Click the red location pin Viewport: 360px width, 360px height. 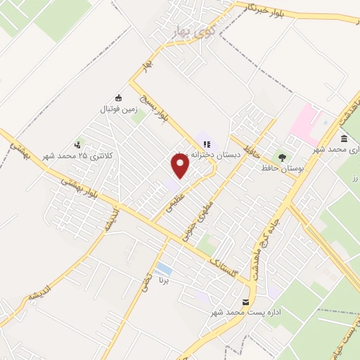point(181,166)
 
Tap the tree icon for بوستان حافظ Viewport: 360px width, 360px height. point(281,157)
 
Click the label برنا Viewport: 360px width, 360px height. point(164,281)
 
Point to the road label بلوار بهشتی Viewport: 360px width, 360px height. point(82,188)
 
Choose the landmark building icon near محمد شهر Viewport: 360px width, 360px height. point(344,138)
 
